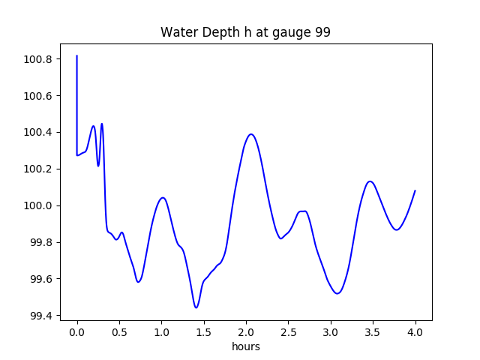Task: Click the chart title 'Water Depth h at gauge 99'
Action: pyautogui.click(x=245, y=33)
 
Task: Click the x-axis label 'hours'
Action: pyautogui.click(x=245, y=347)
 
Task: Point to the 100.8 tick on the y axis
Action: pyautogui.click(x=37, y=59)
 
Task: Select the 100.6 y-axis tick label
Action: pyautogui.click(x=37, y=96)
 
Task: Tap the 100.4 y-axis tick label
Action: pyautogui.click(x=37, y=133)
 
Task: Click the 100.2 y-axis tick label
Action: pyautogui.click(x=37, y=169)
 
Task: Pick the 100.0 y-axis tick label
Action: pyautogui.click(x=37, y=205)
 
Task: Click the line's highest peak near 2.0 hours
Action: pyautogui.click(x=251, y=134)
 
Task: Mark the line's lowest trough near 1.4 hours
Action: pyautogui.click(x=196, y=307)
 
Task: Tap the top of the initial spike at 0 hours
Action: pyautogui.click(x=77, y=55)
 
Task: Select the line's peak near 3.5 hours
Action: pyautogui.click(x=370, y=181)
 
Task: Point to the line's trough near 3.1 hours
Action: pyautogui.click(x=337, y=293)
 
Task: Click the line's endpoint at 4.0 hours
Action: pyautogui.click(x=415, y=190)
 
